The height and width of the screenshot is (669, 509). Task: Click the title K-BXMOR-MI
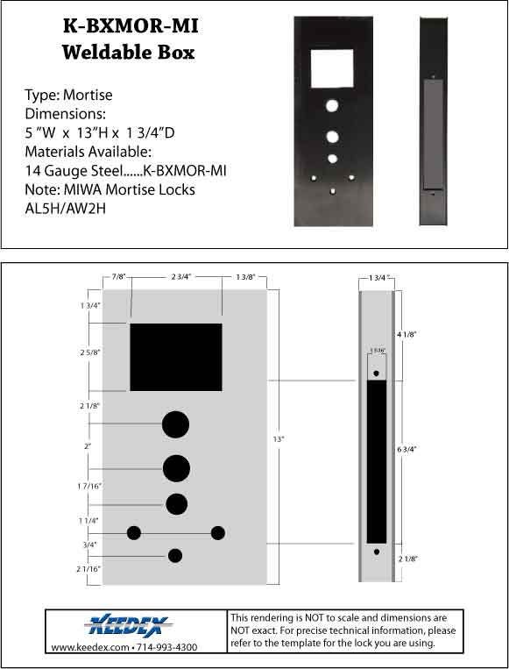130,26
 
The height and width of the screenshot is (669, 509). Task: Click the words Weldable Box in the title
128,53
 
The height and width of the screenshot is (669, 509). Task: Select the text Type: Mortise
69,95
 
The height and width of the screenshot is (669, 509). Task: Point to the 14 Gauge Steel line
126,170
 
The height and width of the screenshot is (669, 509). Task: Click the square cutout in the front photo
332,68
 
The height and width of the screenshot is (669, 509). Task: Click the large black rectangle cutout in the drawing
175,357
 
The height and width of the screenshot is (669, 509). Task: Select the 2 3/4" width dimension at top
177,277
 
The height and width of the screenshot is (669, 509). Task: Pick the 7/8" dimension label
118,277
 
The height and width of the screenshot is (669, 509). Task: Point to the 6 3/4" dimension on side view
406,449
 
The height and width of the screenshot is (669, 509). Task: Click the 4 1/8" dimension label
406,333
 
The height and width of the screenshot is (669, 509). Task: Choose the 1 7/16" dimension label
89,486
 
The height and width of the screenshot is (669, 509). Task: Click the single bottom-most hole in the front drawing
175,555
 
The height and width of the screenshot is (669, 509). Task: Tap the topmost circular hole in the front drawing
175,424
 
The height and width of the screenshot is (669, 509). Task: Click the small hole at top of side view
377,374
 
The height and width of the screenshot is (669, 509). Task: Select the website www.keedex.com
87,647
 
